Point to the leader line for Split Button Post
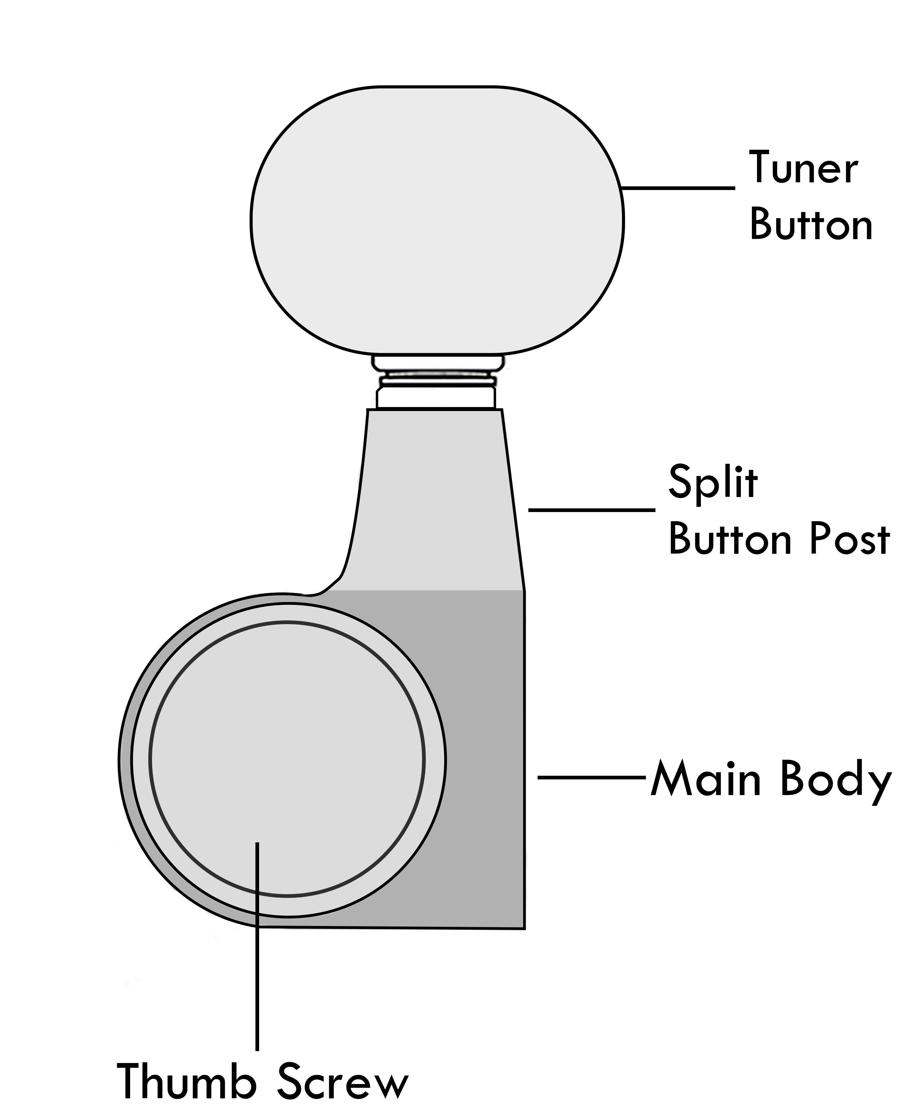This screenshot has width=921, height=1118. [592, 510]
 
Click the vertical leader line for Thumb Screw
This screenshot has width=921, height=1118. [257, 955]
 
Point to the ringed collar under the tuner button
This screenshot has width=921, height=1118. [436, 381]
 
